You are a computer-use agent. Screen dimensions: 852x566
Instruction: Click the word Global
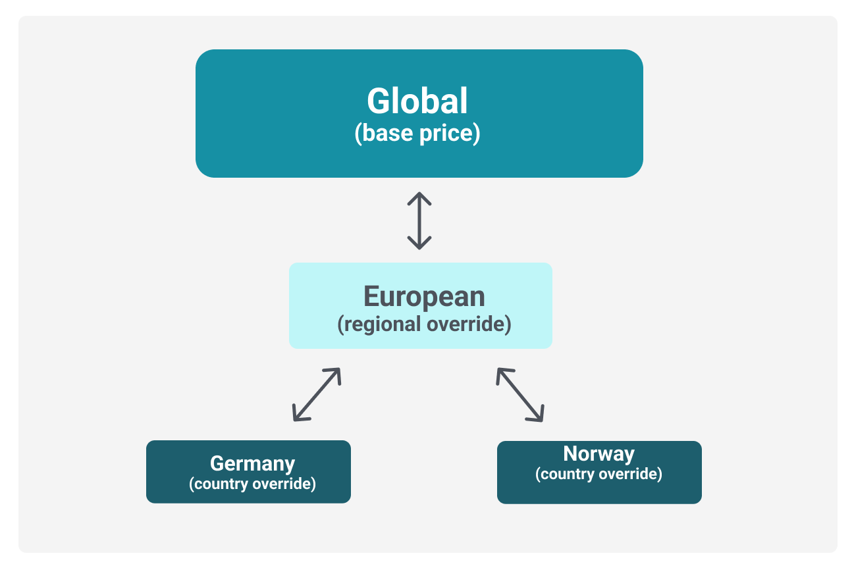[417, 101]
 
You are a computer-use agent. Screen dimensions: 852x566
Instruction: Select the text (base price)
[417, 134]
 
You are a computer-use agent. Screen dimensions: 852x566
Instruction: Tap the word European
[424, 297]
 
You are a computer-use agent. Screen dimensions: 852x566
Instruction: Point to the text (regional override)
[424, 324]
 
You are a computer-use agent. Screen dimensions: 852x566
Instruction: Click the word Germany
[253, 464]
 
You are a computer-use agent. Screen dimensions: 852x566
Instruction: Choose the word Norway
[599, 454]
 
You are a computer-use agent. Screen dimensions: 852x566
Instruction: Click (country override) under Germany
[253, 484]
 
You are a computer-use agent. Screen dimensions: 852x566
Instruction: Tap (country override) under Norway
[599, 474]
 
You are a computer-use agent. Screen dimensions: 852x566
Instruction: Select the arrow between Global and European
[419, 221]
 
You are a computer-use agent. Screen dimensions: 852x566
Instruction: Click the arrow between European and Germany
[317, 395]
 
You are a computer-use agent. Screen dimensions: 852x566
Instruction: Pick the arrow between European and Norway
[520, 395]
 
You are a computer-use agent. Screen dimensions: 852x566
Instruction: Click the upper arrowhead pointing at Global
[419, 198]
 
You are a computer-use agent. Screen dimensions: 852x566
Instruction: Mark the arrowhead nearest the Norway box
[537, 415]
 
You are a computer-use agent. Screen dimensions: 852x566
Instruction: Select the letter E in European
[371, 297]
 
